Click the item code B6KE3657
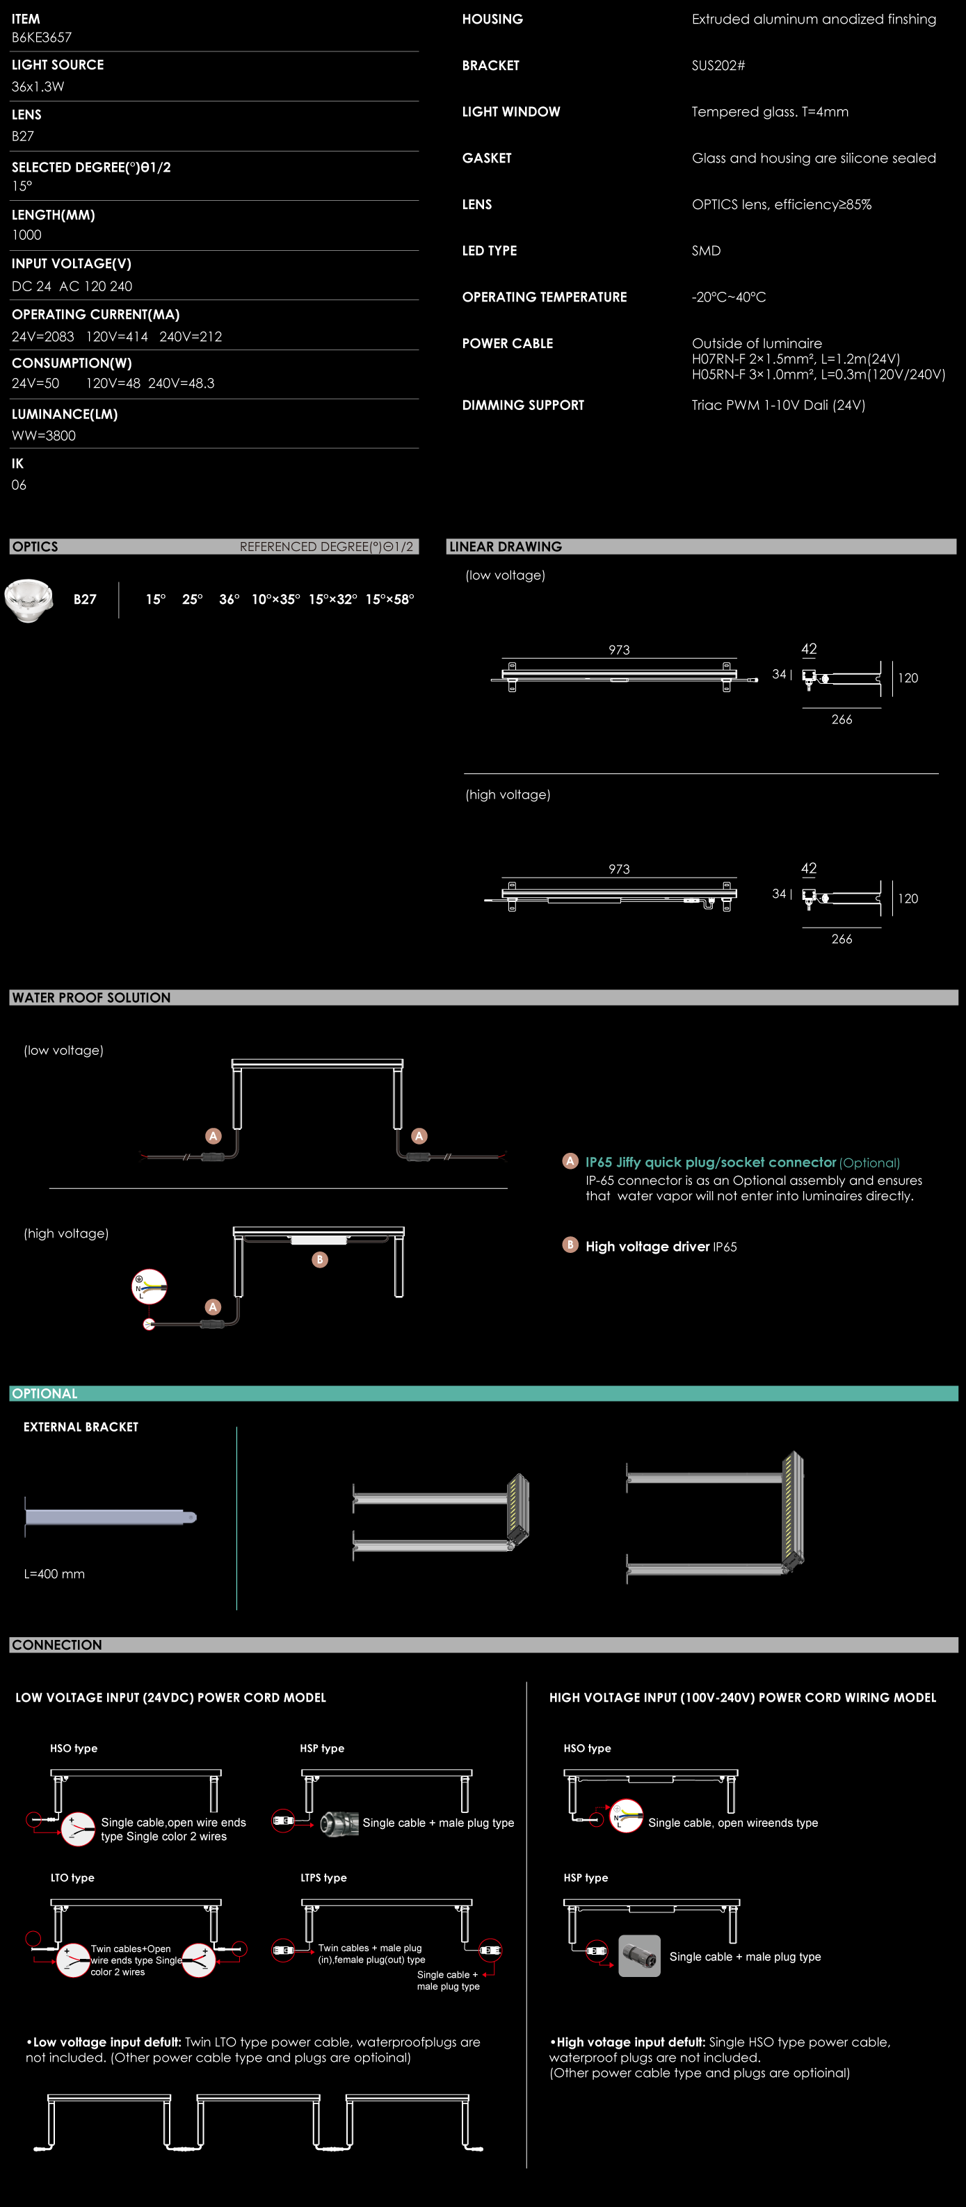(41, 38)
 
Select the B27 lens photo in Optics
(29, 600)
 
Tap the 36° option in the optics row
(229, 600)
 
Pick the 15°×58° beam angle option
(389, 600)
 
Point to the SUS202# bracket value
(718, 66)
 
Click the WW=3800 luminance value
(44, 435)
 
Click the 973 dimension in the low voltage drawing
(619, 650)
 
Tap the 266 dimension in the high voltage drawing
(841, 939)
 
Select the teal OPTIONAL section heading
(45, 1394)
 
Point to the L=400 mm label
(54, 1574)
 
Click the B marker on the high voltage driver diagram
(320, 1259)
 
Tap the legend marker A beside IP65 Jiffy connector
(570, 1161)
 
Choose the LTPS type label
(323, 1877)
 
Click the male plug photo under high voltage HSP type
(639, 1956)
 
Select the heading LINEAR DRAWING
(505, 547)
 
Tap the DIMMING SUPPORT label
(523, 405)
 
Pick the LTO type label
(72, 1877)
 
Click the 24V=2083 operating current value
(43, 337)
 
